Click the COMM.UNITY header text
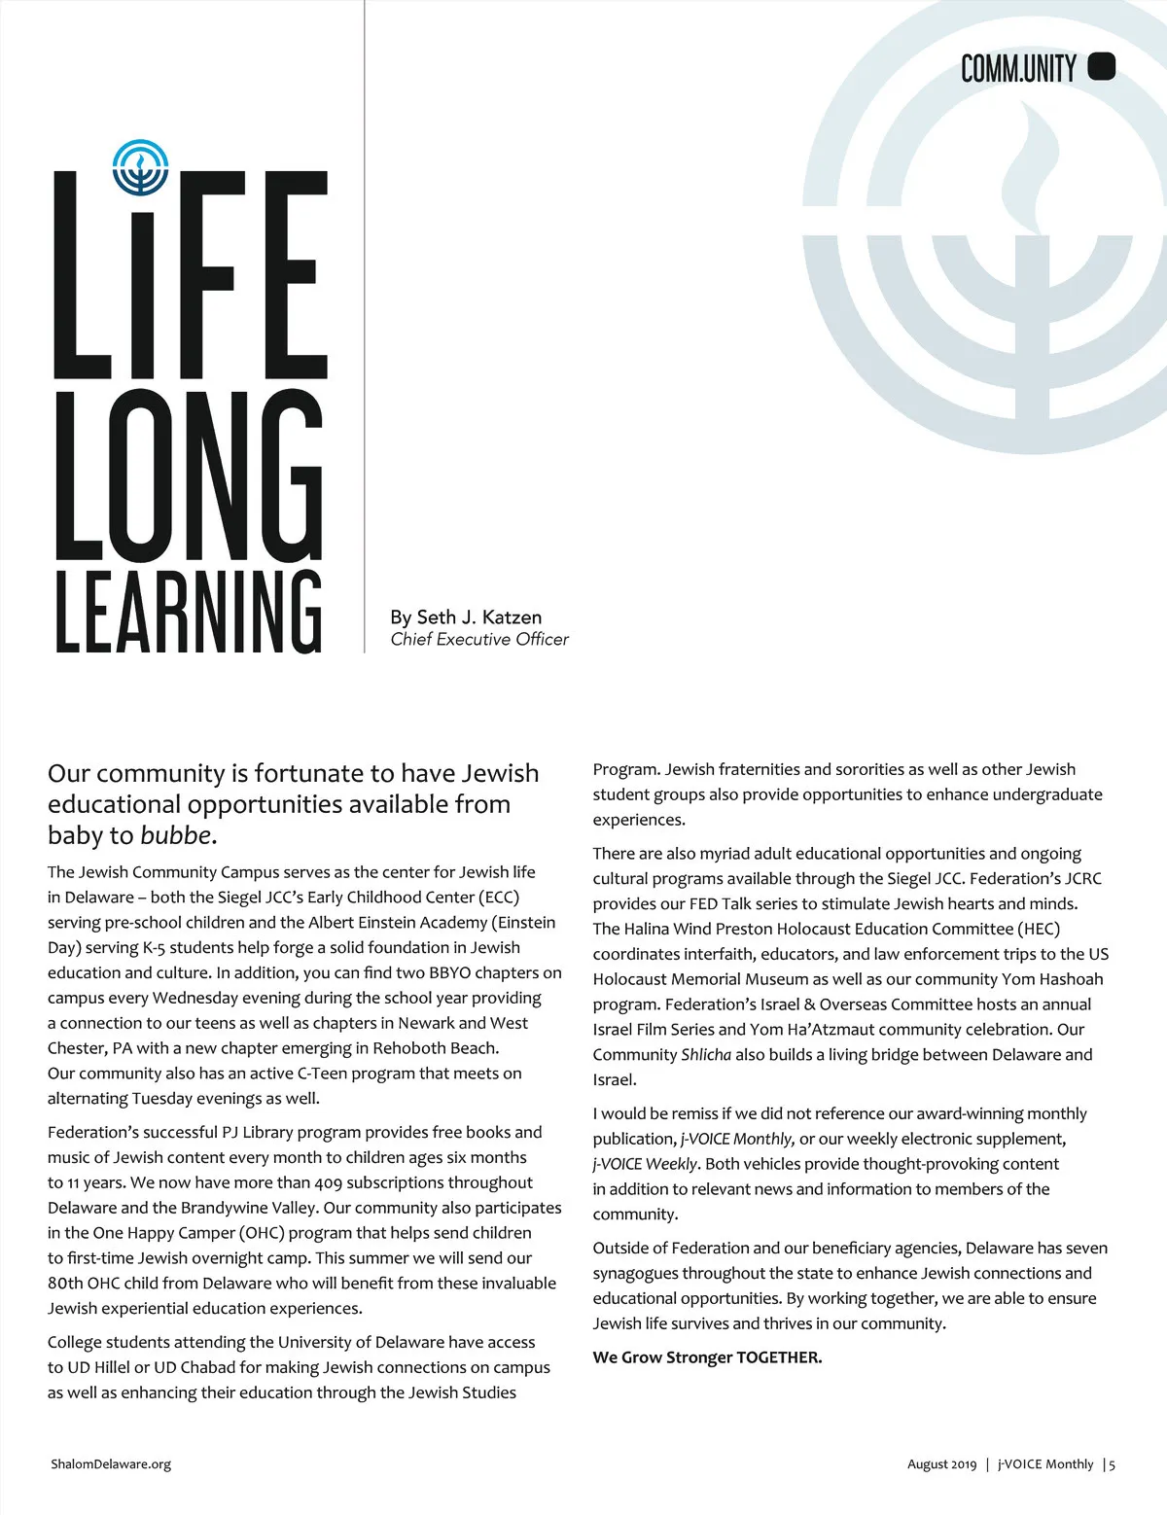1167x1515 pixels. tap(1018, 68)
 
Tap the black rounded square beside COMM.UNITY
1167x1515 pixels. tap(1101, 66)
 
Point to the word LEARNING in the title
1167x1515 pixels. tap(189, 612)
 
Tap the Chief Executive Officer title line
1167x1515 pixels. tap(479, 640)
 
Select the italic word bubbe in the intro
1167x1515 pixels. tap(176, 836)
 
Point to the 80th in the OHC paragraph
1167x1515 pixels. tap(65, 1284)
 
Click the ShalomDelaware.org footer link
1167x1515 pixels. tap(111, 1464)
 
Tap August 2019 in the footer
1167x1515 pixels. tap(941, 1464)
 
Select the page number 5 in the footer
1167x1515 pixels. tap(1113, 1464)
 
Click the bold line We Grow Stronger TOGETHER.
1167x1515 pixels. tap(707, 1357)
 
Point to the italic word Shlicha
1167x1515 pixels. tap(706, 1055)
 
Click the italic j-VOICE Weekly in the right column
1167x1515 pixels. tap(645, 1164)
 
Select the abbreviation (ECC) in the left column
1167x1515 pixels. tap(498, 898)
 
